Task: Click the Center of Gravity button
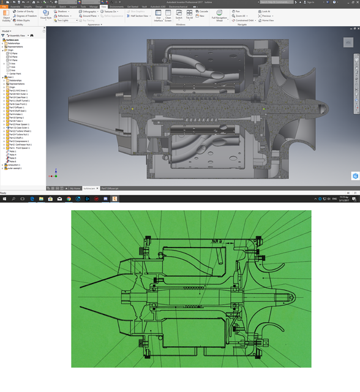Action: point(24,11)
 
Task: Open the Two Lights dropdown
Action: point(61,20)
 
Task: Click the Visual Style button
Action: point(46,15)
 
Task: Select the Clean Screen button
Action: point(168,17)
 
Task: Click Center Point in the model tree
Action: point(15,73)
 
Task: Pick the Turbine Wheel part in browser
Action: point(22,130)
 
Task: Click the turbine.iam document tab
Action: point(91,188)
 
